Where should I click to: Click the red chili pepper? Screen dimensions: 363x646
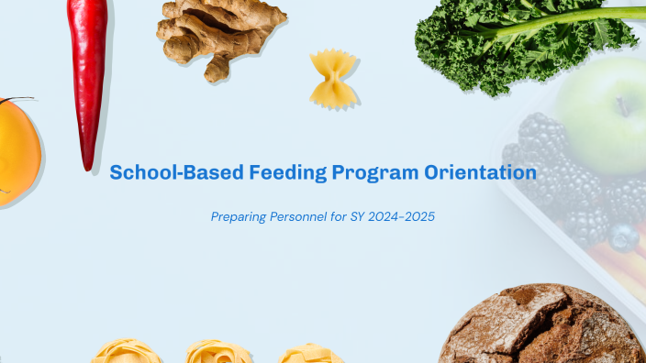[90, 73]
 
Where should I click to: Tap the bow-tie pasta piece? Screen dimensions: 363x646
[332, 78]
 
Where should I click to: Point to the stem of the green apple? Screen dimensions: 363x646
[623, 104]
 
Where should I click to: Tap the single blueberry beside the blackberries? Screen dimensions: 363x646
[624, 238]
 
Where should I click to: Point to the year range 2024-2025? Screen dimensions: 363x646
[398, 217]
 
